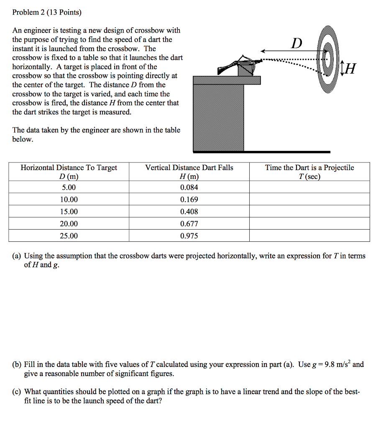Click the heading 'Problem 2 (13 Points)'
click(47, 13)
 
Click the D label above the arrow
click(296, 43)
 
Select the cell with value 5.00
click(69, 187)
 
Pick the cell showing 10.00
click(69, 199)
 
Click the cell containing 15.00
click(69, 212)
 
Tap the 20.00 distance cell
click(69, 224)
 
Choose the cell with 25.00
click(69, 236)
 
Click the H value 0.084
click(189, 187)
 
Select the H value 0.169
click(189, 199)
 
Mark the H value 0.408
click(189, 212)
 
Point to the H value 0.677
click(189, 224)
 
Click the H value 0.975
click(189, 236)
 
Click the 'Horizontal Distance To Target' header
click(69, 168)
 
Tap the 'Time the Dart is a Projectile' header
click(309, 168)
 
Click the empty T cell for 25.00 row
click(309, 236)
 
